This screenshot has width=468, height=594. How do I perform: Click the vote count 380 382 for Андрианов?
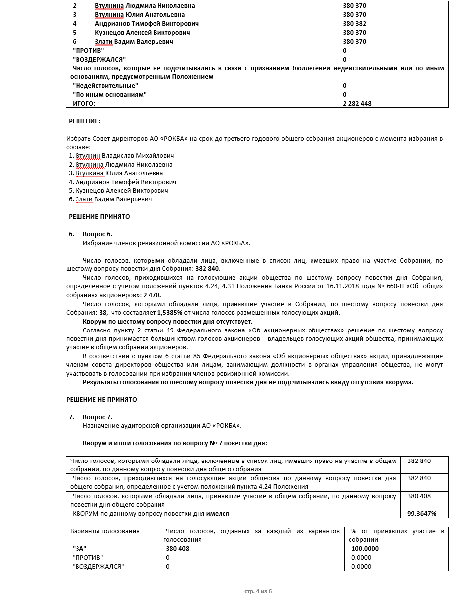tap(354, 24)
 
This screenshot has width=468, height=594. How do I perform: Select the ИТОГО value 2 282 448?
tap(357, 104)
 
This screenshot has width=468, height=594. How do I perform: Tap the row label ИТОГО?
tap(84, 104)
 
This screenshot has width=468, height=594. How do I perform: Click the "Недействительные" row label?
tap(105, 86)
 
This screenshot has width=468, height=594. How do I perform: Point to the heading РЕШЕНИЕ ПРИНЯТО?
tap(99, 217)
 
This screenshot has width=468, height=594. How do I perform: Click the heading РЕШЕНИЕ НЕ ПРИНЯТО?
tap(101, 399)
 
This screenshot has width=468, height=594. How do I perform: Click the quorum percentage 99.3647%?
tap(421, 514)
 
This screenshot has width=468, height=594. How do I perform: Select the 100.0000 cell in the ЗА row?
tap(365, 549)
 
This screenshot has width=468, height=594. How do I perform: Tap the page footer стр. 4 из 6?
tap(258, 591)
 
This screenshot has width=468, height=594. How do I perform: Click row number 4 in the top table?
tap(75, 24)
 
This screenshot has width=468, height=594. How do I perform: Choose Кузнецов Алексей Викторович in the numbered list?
tap(122, 191)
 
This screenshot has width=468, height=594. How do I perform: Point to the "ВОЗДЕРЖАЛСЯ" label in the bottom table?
tap(98, 567)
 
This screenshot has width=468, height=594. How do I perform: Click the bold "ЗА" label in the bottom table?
tap(79, 549)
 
